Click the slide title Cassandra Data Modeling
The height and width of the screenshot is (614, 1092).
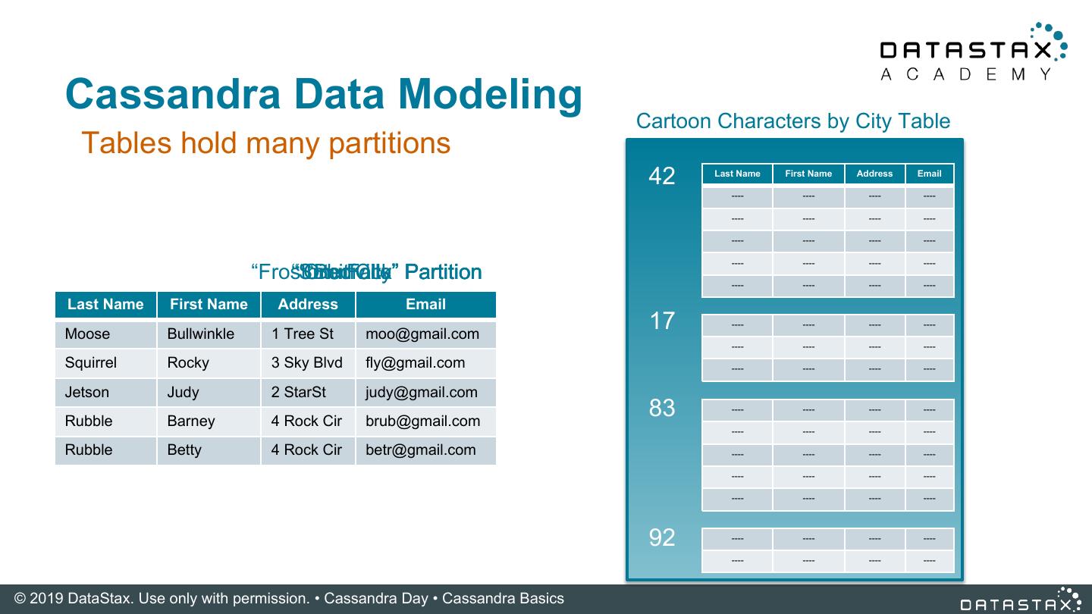coord(324,94)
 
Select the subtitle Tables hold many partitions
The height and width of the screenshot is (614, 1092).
coord(265,143)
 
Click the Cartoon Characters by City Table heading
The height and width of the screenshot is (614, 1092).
coord(792,121)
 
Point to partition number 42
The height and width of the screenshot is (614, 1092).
coord(661,176)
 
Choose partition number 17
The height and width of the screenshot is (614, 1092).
coord(661,321)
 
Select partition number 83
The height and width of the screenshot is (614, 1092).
coord(661,408)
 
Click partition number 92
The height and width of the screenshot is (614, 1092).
coord(661,537)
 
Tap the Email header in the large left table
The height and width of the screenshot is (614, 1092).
coord(425,304)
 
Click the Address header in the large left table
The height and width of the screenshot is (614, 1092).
coord(307,304)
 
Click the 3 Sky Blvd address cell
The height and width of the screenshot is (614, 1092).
coord(307,362)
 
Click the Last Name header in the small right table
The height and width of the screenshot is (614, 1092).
coord(737,174)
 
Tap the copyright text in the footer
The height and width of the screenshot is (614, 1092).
coord(289,598)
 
